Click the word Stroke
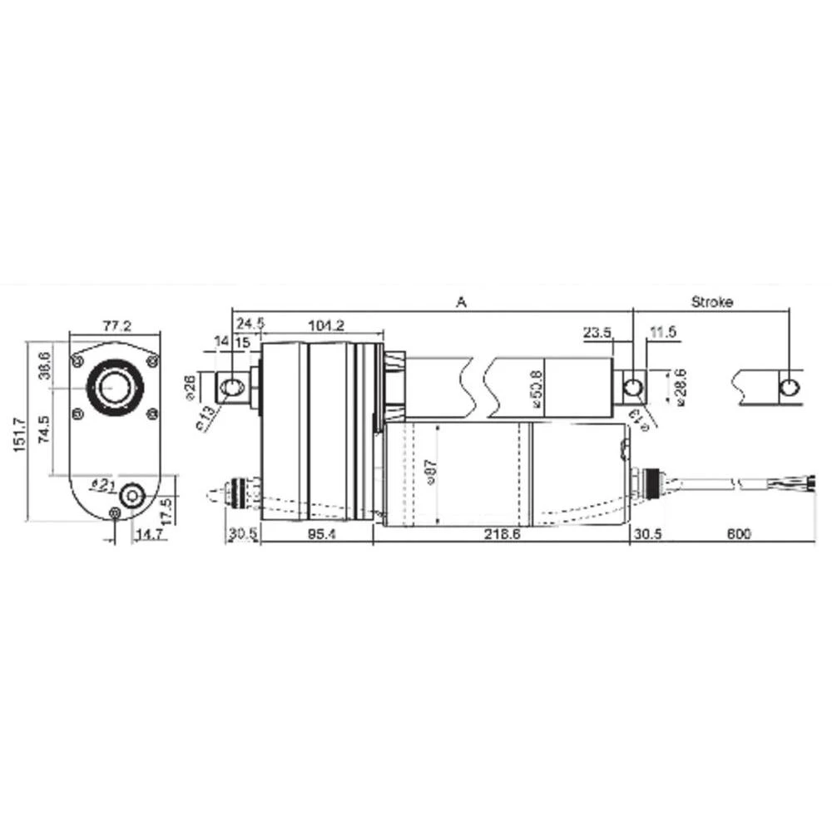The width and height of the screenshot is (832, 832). point(712,301)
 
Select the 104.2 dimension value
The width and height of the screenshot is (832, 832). point(326,324)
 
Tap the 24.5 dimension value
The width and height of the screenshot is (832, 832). point(250,322)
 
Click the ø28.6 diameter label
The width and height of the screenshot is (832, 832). point(680,388)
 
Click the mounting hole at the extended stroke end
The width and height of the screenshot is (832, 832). point(789,387)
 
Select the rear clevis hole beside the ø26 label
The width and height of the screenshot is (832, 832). point(233,387)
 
